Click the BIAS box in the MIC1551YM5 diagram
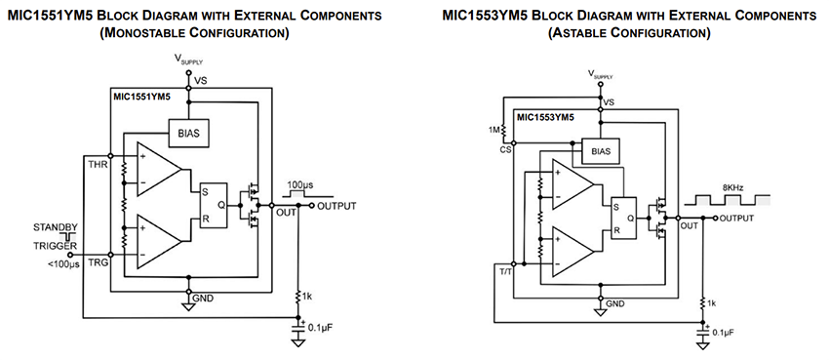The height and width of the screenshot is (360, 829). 189,133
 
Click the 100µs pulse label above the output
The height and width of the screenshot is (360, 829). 299,183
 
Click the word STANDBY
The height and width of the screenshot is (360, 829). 56,227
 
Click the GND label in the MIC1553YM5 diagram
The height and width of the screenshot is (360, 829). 614,304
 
